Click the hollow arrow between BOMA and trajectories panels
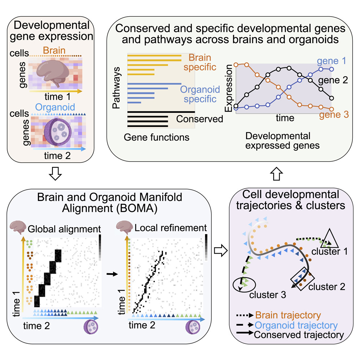[219, 250]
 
